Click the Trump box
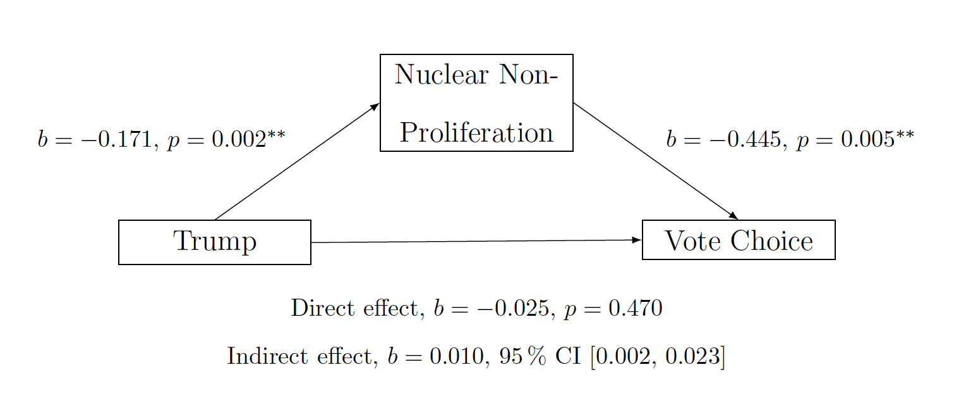(215, 242)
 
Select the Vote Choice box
(739, 239)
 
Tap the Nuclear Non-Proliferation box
(476, 103)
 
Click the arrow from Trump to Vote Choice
(476, 241)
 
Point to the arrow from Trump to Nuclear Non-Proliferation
(298, 161)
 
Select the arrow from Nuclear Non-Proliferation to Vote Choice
(656, 161)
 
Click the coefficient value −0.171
(116, 140)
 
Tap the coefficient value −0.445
(746, 140)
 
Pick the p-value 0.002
(239, 140)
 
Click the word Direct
(322, 308)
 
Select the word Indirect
(267, 356)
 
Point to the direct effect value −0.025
(513, 308)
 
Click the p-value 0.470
(635, 308)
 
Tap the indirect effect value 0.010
(457, 356)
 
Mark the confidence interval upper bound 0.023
(692, 356)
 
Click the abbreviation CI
(568, 356)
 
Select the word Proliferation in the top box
(476, 132)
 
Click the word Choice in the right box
(771, 240)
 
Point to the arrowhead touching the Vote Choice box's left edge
(637, 240)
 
